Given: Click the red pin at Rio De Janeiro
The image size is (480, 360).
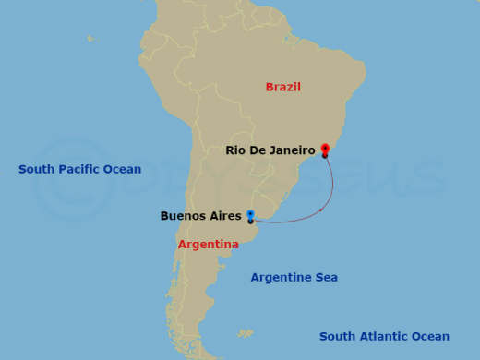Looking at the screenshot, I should (x=325, y=148).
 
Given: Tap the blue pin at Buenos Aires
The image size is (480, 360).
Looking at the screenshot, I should (x=250, y=215).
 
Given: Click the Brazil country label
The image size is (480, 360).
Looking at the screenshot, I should (x=283, y=88).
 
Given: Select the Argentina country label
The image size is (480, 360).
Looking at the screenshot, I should (x=208, y=245).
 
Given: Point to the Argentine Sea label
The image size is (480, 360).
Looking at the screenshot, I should (x=294, y=277).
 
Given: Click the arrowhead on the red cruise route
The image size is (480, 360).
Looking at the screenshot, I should (x=321, y=210).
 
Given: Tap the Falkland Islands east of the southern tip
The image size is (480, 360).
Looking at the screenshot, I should (x=245, y=332).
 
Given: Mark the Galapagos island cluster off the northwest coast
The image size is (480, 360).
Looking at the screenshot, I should (x=92, y=39).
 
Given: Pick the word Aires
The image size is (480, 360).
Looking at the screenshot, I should (x=226, y=217).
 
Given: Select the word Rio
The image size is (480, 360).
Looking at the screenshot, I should (x=235, y=150).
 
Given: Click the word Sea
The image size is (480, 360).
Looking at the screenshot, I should (x=325, y=277).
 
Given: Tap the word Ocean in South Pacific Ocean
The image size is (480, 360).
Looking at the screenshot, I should (x=124, y=170).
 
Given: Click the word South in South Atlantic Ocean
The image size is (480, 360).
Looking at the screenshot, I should (x=338, y=337).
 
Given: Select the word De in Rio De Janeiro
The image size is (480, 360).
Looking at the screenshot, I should (x=257, y=150).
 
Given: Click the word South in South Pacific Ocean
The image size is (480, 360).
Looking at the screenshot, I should (x=37, y=170).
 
